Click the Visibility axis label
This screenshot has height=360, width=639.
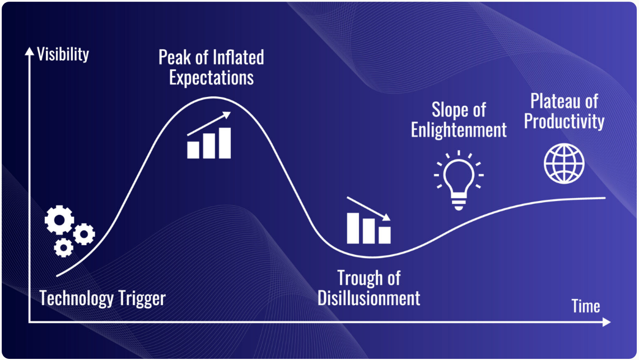pos(63,54)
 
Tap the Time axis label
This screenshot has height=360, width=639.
pos(586,306)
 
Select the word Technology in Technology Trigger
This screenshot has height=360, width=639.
pos(76,298)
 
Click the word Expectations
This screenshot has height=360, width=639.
pos(212,78)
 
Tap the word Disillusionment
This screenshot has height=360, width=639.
pos(369,298)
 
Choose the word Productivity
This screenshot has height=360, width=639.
pos(564,121)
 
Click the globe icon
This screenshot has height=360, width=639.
pos(564,163)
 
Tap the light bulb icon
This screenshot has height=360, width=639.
pos(459,180)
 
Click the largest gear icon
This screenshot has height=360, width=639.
pos(59,220)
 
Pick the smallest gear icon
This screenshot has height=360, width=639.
pos(64,247)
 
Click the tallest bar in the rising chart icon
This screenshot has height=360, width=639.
pos(225,143)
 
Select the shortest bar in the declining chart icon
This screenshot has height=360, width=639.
pos(385,235)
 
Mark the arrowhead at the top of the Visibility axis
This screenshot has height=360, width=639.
pos(29,51)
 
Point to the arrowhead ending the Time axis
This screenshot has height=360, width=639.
pos(607,322)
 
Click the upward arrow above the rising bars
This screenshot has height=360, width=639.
pos(209,123)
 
